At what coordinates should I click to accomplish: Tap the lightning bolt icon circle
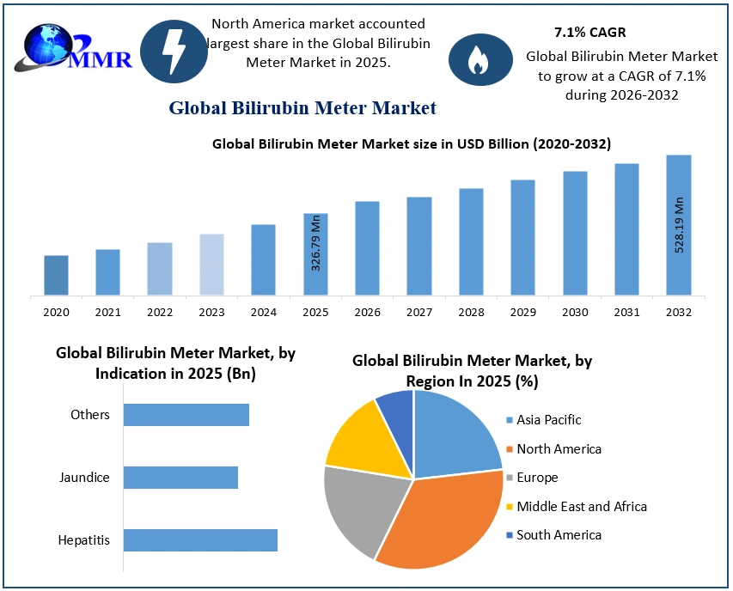174,50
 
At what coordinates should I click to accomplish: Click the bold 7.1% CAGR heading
589,33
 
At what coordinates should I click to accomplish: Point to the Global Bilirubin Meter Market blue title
302,108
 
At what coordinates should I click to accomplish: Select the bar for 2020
57,275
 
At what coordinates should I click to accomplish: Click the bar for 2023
211,265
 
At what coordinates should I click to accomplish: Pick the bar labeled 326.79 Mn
315,254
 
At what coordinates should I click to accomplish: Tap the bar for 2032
678,225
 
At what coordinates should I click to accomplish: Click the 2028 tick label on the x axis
471,313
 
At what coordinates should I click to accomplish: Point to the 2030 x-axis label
575,313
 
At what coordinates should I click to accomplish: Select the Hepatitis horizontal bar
200,540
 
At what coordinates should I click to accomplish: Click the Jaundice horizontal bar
180,478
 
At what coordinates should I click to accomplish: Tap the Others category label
90,415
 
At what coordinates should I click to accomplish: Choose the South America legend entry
559,535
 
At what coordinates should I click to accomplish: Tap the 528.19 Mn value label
679,225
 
